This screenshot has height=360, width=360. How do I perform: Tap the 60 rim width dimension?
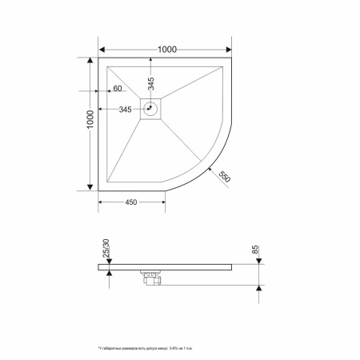click(117, 87)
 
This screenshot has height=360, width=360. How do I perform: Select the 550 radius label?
click(225, 178)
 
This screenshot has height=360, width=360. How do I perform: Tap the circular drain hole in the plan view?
click(150, 109)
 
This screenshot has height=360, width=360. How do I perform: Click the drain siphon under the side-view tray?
click(150, 278)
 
